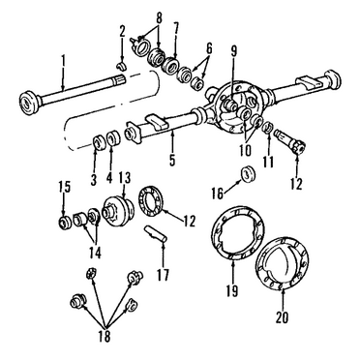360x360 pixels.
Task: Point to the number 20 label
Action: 282,315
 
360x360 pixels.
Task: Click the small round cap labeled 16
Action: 249,173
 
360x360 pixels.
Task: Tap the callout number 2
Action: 123,32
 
